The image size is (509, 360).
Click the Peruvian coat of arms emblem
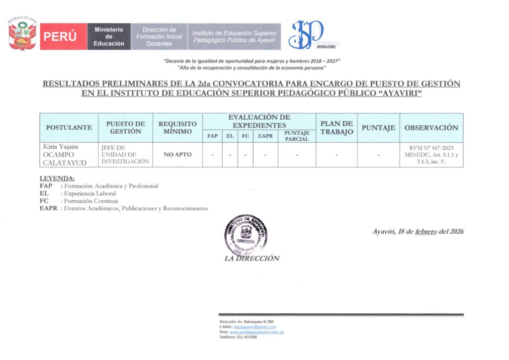(x=22, y=35)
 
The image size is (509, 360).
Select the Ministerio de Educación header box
(x=109, y=37)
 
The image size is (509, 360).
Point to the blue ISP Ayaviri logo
(x=307, y=35)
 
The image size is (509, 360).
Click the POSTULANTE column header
(x=69, y=128)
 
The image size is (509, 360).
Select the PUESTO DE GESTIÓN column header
(x=125, y=128)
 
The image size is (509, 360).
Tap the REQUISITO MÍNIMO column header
(x=177, y=128)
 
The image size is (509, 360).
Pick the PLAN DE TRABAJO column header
(x=337, y=128)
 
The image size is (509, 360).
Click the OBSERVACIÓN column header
(x=431, y=128)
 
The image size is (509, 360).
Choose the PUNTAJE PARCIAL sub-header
(x=297, y=136)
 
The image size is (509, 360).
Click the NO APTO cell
(x=177, y=155)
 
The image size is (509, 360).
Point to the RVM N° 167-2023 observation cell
(x=431, y=155)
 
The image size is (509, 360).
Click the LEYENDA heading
(x=57, y=178)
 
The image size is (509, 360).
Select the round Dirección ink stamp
(x=245, y=235)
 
